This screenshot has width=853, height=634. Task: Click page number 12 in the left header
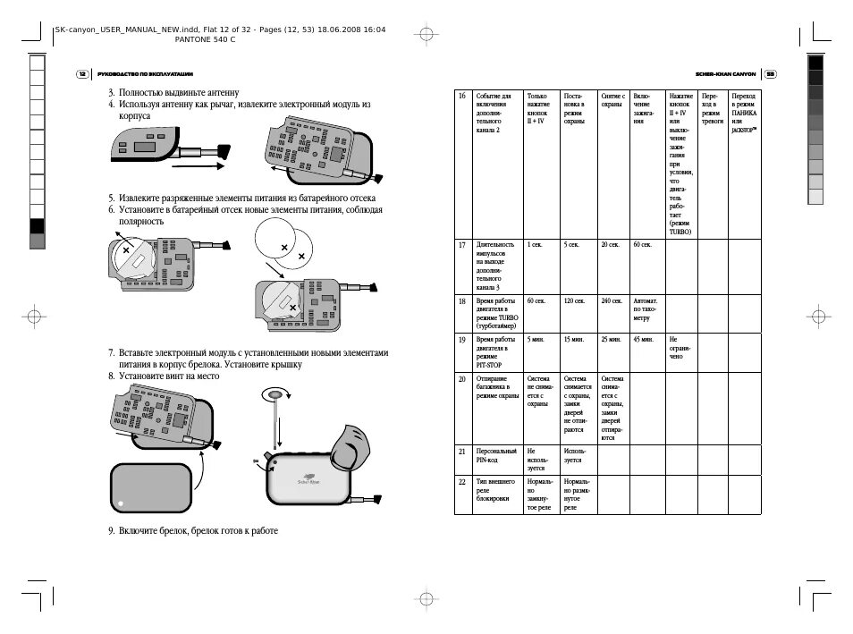tap(82, 74)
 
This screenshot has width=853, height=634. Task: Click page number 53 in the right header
tap(770, 74)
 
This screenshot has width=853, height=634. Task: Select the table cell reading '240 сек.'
tap(612, 301)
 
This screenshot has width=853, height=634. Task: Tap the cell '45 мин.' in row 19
tap(643, 340)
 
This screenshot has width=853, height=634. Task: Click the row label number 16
tap(462, 96)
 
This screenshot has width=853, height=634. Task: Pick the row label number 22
tap(462, 481)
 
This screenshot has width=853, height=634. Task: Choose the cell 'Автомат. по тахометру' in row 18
tap(646, 309)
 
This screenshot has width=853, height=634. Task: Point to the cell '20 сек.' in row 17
tap(611, 244)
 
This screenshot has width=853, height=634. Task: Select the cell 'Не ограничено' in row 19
tap(680, 347)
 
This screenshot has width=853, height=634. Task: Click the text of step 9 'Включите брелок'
tap(198, 530)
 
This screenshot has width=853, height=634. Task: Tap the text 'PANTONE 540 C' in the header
tap(206, 40)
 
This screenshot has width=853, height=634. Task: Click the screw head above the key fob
tap(275, 394)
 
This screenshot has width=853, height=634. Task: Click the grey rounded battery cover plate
tap(150, 490)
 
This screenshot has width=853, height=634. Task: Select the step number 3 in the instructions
tap(111, 92)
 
